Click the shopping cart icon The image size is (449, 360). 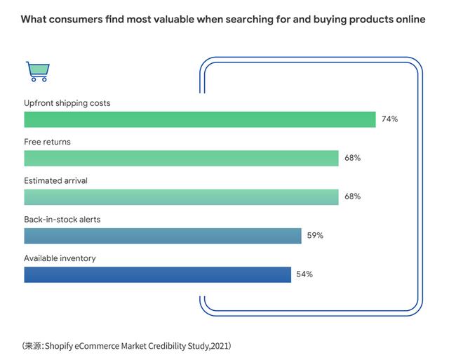coord(36,71)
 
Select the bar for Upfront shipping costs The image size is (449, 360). coord(200,120)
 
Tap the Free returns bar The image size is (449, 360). coord(181,159)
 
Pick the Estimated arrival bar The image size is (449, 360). coord(181,197)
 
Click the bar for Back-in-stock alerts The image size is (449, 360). coord(163,236)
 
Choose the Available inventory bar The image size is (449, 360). coord(157,274)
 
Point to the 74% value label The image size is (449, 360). coord(389,119)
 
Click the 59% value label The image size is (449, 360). coord(315,236)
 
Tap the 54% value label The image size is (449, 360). coord(304,274)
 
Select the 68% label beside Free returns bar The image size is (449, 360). coord(352,159)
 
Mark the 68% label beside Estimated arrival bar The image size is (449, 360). coord(352,197)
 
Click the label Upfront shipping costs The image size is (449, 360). coord(67,103)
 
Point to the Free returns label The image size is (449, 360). coord(48,142)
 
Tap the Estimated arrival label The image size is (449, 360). coord(56,180)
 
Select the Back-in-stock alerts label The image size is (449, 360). coord(62,220)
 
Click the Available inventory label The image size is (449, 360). coord(60,258)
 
